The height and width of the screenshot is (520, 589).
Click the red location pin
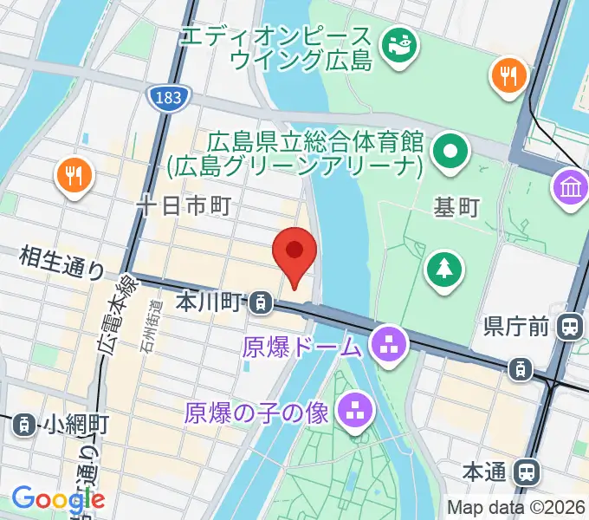[294, 253]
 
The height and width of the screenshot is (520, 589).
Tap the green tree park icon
[443, 268]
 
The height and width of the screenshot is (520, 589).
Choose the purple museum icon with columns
[571, 188]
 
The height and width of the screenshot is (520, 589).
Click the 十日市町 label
[184, 205]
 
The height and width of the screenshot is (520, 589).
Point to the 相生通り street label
[61, 261]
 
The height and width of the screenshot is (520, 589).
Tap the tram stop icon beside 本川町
[259, 302]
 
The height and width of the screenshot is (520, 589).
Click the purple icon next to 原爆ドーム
[387, 346]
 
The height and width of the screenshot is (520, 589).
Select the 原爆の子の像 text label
[256, 413]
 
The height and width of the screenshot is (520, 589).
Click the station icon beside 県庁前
[570, 327]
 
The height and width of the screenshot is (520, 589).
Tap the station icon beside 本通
[525, 472]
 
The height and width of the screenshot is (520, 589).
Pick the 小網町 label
[76, 424]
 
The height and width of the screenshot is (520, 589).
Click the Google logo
[58, 499]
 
